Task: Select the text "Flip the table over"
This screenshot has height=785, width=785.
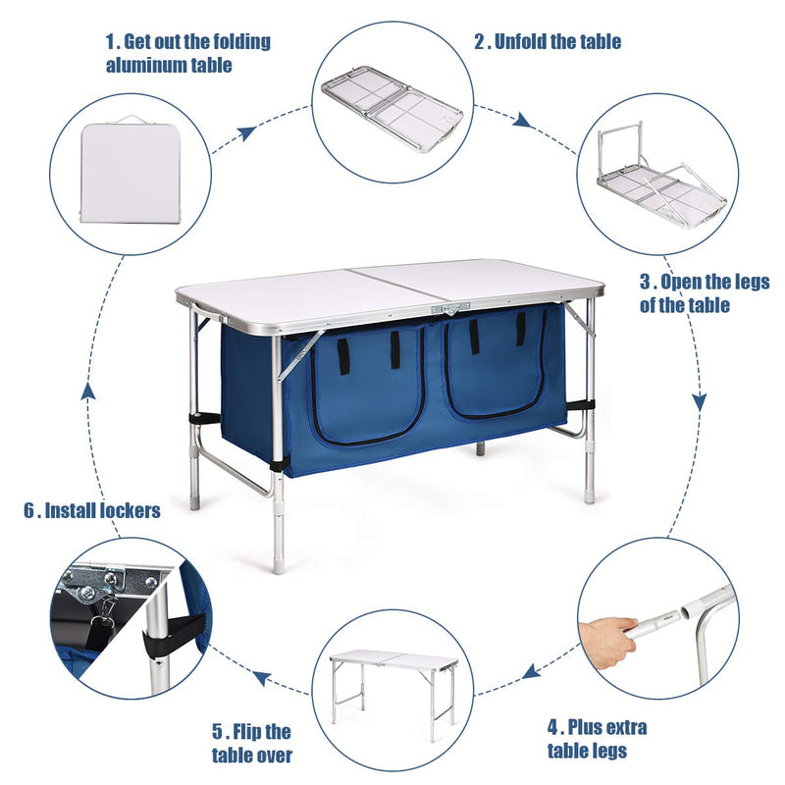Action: [x=252, y=743]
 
